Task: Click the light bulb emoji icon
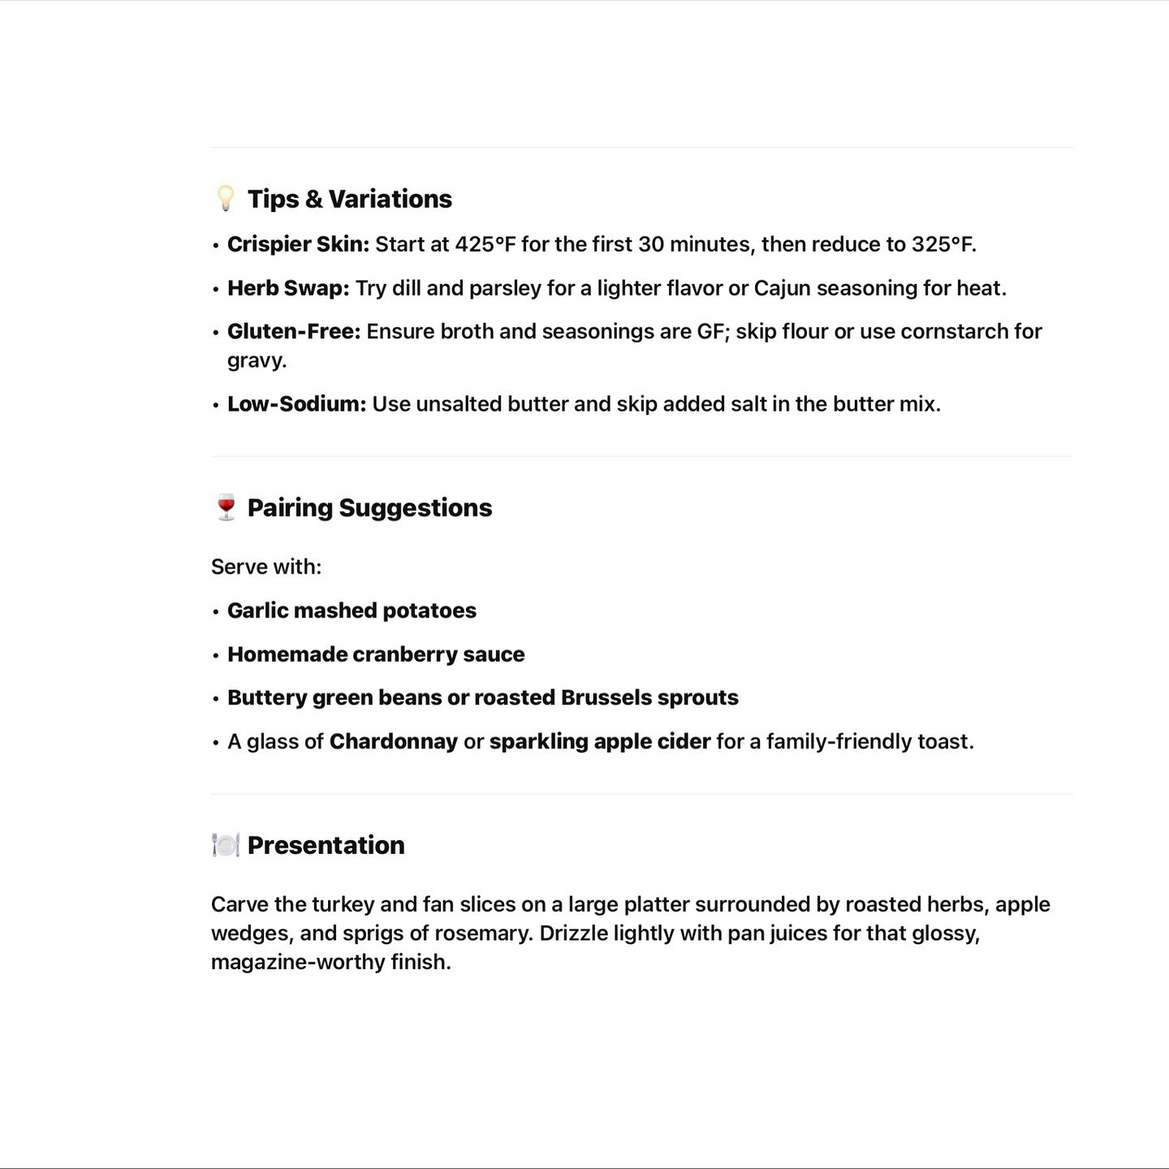point(225,198)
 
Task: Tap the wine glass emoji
point(226,507)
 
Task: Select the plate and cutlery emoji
point(225,845)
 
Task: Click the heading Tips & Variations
point(349,199)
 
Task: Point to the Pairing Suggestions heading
point(369,508)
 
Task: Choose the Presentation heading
point(326,846)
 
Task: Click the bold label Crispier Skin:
point(298,244)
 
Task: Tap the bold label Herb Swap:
point(288,288)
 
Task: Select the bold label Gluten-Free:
point(294,331)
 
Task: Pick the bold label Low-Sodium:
point(296,404)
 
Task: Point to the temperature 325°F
point(943,244)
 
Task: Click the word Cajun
point(782,288)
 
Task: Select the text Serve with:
point(266,567)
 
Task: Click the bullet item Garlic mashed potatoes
point(352,610)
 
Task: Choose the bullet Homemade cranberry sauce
point(376,654)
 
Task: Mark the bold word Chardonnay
point(394,742)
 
